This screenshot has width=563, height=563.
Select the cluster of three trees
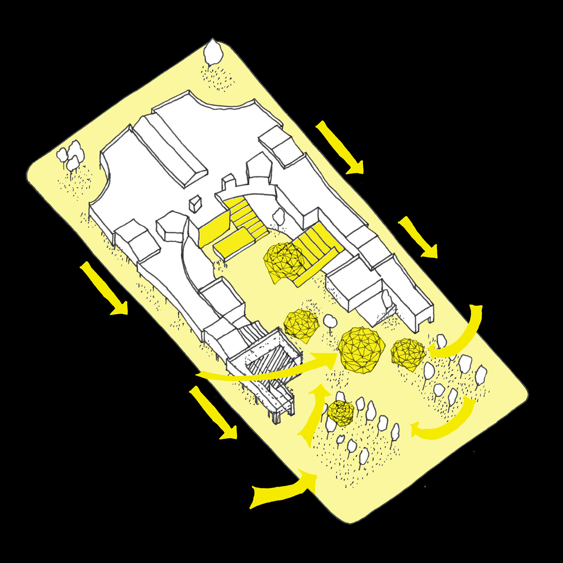(x=71, y=155)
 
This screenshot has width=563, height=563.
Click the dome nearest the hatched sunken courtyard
(x=301, y=325)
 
